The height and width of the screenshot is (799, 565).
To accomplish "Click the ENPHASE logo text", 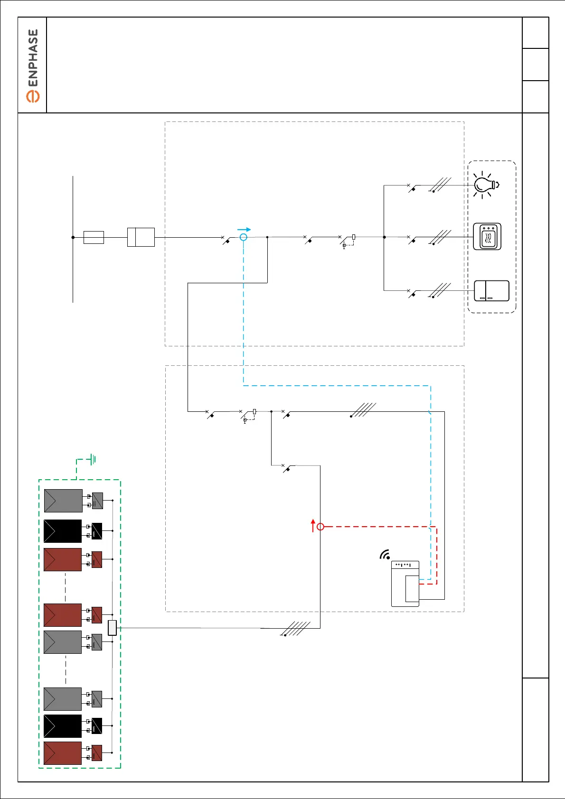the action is point(33,58).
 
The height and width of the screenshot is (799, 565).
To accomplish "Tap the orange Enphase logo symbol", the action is point(33,96).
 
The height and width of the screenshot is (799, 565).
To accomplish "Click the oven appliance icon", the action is point(487,236).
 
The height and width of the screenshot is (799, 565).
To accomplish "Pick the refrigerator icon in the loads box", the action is point(491,291).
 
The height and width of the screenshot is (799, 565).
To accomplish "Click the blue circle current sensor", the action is point(244,237).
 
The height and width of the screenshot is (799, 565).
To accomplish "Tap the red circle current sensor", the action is point(320,527).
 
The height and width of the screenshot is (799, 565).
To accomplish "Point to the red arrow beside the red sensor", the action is point(313,525).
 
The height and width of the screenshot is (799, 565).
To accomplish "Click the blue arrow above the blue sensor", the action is point(244,230).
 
